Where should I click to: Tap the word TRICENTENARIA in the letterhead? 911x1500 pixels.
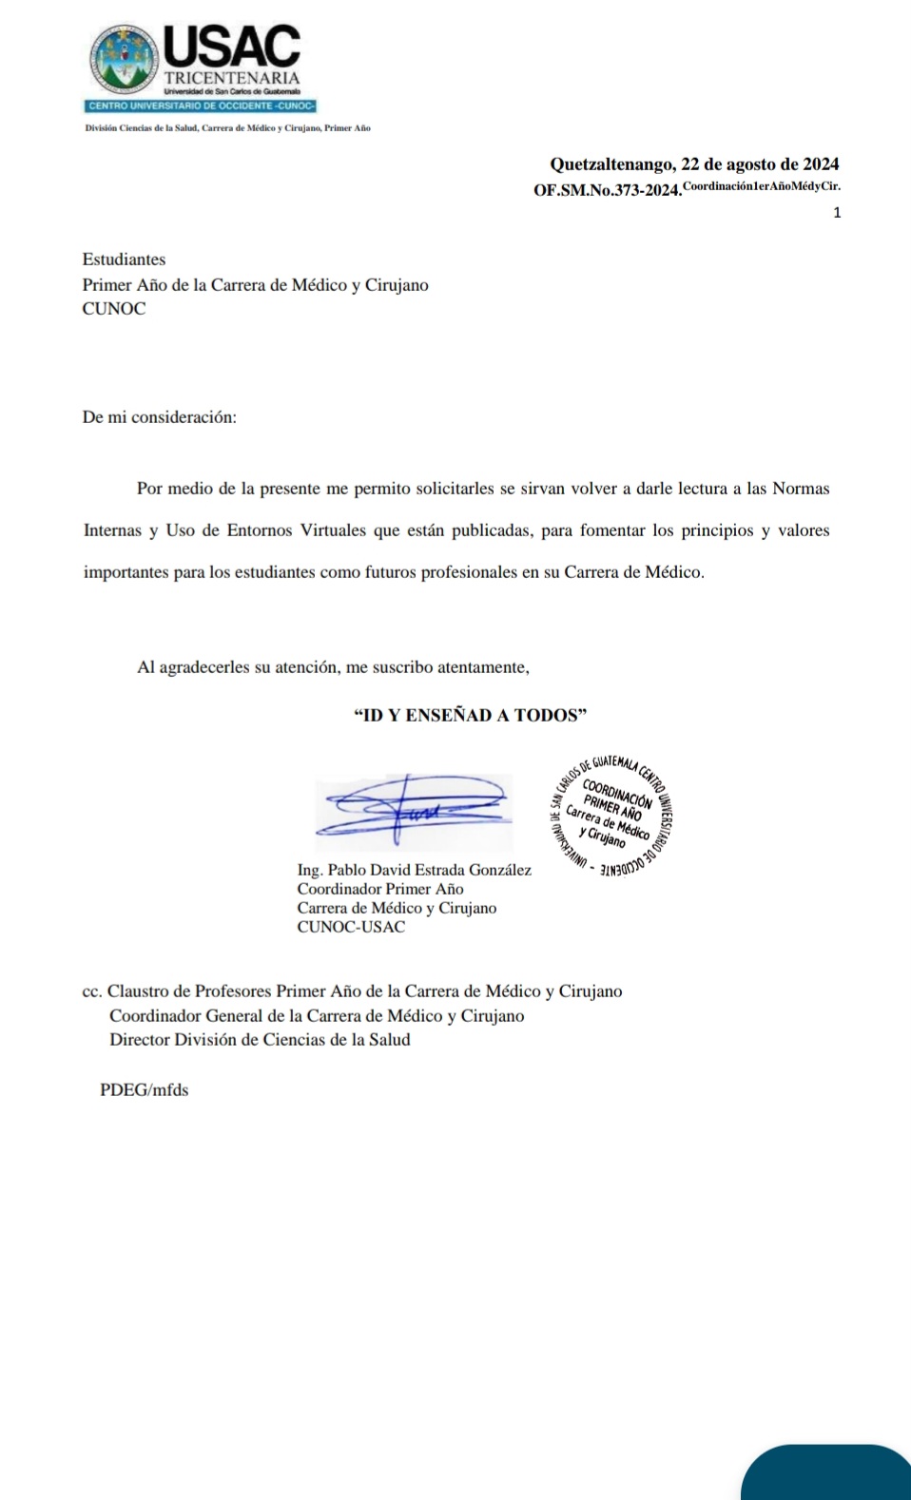pyautogui.click(x=232, y=77)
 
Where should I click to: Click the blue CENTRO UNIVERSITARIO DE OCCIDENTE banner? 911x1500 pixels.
pyautogui.click(x=201, y=106)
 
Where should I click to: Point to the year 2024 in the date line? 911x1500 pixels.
pyautogui.click(x=820, y=164)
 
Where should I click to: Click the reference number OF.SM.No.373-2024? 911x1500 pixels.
pyautogui.click(x=607, y=190)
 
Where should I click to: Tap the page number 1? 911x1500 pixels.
pyautogui.click(x=837, y=213)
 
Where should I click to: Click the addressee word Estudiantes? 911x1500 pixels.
pyautogui.click(x=124, y=260)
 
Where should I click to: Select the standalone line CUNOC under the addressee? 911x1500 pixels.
pyautogui.click(x=114, y=309)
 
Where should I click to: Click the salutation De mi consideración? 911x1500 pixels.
pyautogui.click(x=159, y=417)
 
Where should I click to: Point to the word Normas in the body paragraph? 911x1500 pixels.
pyautogui.click(x=801, y=489)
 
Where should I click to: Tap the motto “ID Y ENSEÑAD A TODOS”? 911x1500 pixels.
pyautogui.click(x=470, y=716)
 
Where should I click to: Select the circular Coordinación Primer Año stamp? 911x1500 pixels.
pyautogui.click(x=611, y=814)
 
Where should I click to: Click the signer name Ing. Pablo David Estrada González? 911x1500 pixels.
pyautogui.click(x=414, y=870)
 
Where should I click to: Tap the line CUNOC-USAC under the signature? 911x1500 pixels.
pyautogui.click(x=351, y=927)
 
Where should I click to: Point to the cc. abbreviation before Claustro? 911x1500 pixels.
pyautogui.click(x=92, y=991)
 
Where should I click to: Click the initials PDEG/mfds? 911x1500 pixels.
pyautogui.click(x=144, y=1090)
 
